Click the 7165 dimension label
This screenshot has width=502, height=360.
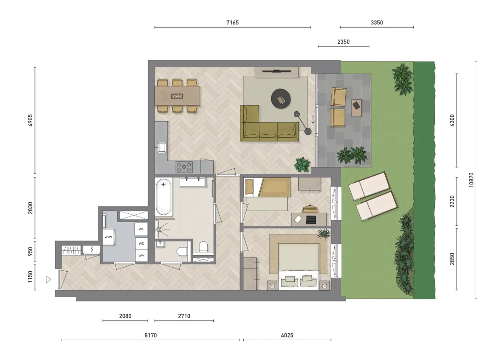point(233,23)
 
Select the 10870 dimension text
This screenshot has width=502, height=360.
point(471,180)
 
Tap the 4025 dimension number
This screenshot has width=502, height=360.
point(287,335)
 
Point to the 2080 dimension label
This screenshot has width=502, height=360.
point(125,316)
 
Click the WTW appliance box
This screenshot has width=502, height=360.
point(108,237)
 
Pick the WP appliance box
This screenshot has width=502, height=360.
point(141,229)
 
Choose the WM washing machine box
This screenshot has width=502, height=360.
point(141,256)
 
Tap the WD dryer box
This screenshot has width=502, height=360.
point(141,243)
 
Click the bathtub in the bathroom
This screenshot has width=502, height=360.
point(164,197)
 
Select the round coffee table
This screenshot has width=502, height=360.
point(281,99)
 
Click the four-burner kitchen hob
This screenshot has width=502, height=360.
point(184,167)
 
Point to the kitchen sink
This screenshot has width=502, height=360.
point(161,147)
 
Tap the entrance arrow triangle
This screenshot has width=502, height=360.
point(48,280)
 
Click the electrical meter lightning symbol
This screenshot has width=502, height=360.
point(92,249)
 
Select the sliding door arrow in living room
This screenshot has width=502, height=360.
point(313,119)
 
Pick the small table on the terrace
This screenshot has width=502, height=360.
point(357,108)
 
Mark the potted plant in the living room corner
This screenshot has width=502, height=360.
point(302,165)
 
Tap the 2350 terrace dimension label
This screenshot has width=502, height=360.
point(343,42)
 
